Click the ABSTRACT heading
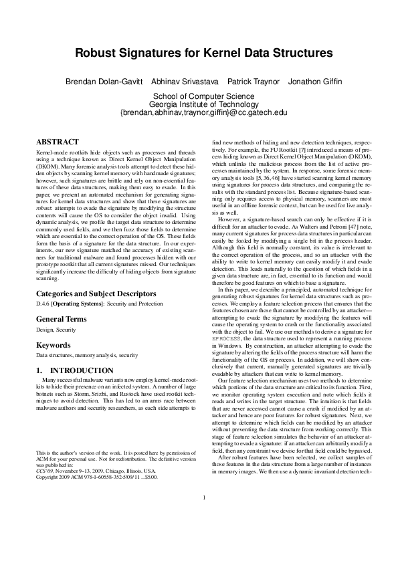tap(57, 142)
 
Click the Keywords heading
tap(54, 345)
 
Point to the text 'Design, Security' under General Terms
tap(54, 330)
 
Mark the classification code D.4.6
tap(43, 304)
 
